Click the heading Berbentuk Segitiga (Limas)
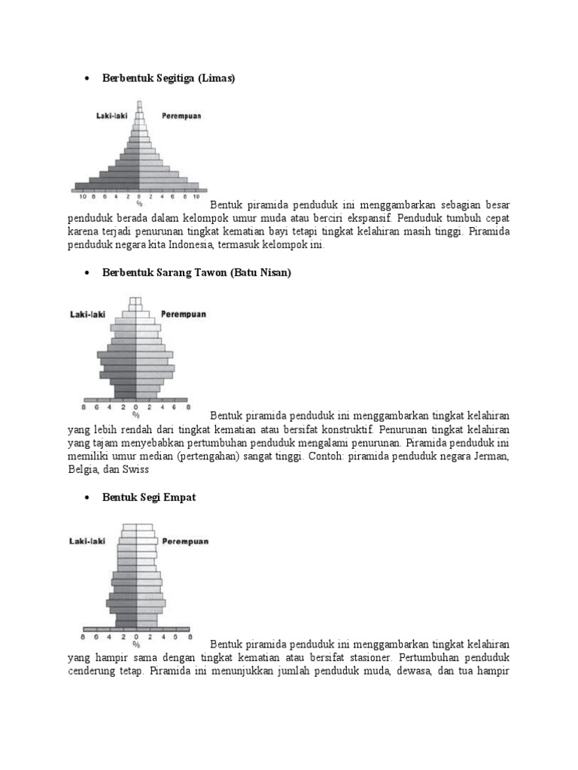pos(169,78)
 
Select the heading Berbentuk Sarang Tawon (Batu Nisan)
pos(196,273)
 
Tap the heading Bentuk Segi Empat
pos(149,498)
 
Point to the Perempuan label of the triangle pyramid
pos(181,117)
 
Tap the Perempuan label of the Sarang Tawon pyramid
pos(183,314)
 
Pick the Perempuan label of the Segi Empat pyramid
pos(185,541)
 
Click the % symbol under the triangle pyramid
pos(138,203)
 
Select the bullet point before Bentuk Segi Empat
pos(87,499)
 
